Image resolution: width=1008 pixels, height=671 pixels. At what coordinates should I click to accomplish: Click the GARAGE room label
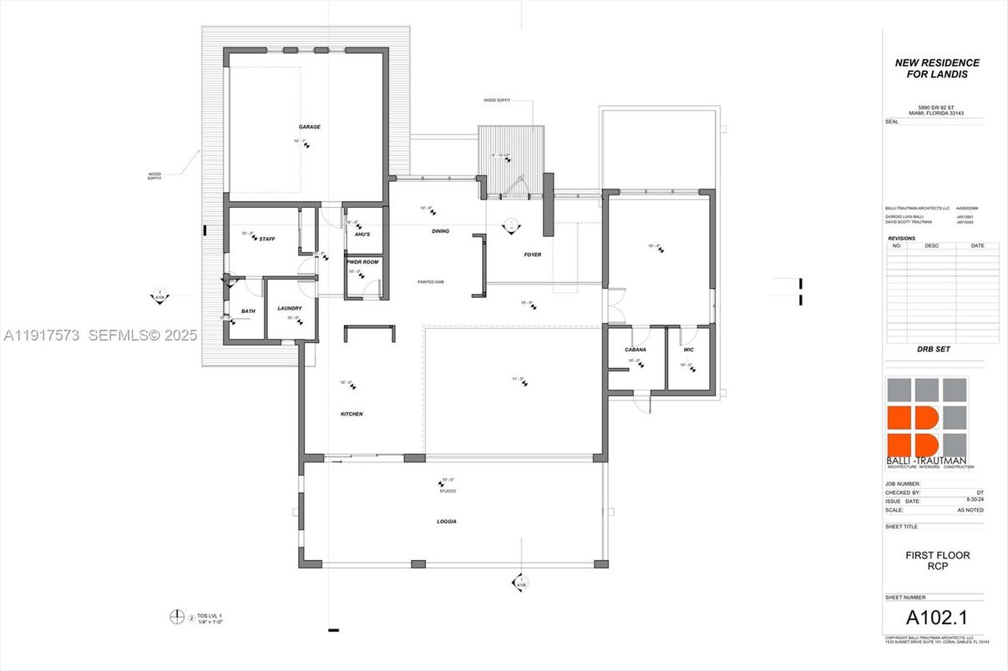(x=310, y=127)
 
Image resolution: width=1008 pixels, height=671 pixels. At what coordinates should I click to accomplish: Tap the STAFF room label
(x=267, y=239)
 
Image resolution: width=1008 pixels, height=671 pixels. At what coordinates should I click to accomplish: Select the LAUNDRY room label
(x=290, y=309)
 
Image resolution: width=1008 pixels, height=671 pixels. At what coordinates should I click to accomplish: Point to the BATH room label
(x=248, y=311)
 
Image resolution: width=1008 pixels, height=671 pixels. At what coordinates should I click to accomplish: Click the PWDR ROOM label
(x=363, y=262)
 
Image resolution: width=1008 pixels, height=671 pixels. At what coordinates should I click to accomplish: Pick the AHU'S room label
(x=362, y=235)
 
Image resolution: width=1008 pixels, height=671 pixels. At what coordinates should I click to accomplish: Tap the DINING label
(x=440, y=231)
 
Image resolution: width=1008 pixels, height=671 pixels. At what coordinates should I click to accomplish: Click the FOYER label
(x=533, y=255)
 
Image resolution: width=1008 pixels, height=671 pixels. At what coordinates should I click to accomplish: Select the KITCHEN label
(x=352, y=414)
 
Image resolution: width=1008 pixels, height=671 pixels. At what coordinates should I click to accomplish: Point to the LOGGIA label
(x=446, y=522)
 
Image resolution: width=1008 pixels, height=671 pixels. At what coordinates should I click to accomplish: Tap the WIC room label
(x=689, y=350)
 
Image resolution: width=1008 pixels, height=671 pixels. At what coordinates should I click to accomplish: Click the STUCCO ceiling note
(x=448, y=491)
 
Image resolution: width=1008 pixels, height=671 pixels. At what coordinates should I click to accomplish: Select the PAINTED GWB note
(x=431, y=282)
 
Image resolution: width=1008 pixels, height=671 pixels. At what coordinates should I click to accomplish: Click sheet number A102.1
(x=935, y=618)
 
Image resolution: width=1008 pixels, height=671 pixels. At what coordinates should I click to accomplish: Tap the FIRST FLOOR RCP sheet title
(x=937, y=561)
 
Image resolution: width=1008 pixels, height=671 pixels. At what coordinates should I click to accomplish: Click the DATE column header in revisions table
(x=977, y=246)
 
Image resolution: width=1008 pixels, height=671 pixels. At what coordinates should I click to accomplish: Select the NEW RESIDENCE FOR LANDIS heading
(x=937, y=68)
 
